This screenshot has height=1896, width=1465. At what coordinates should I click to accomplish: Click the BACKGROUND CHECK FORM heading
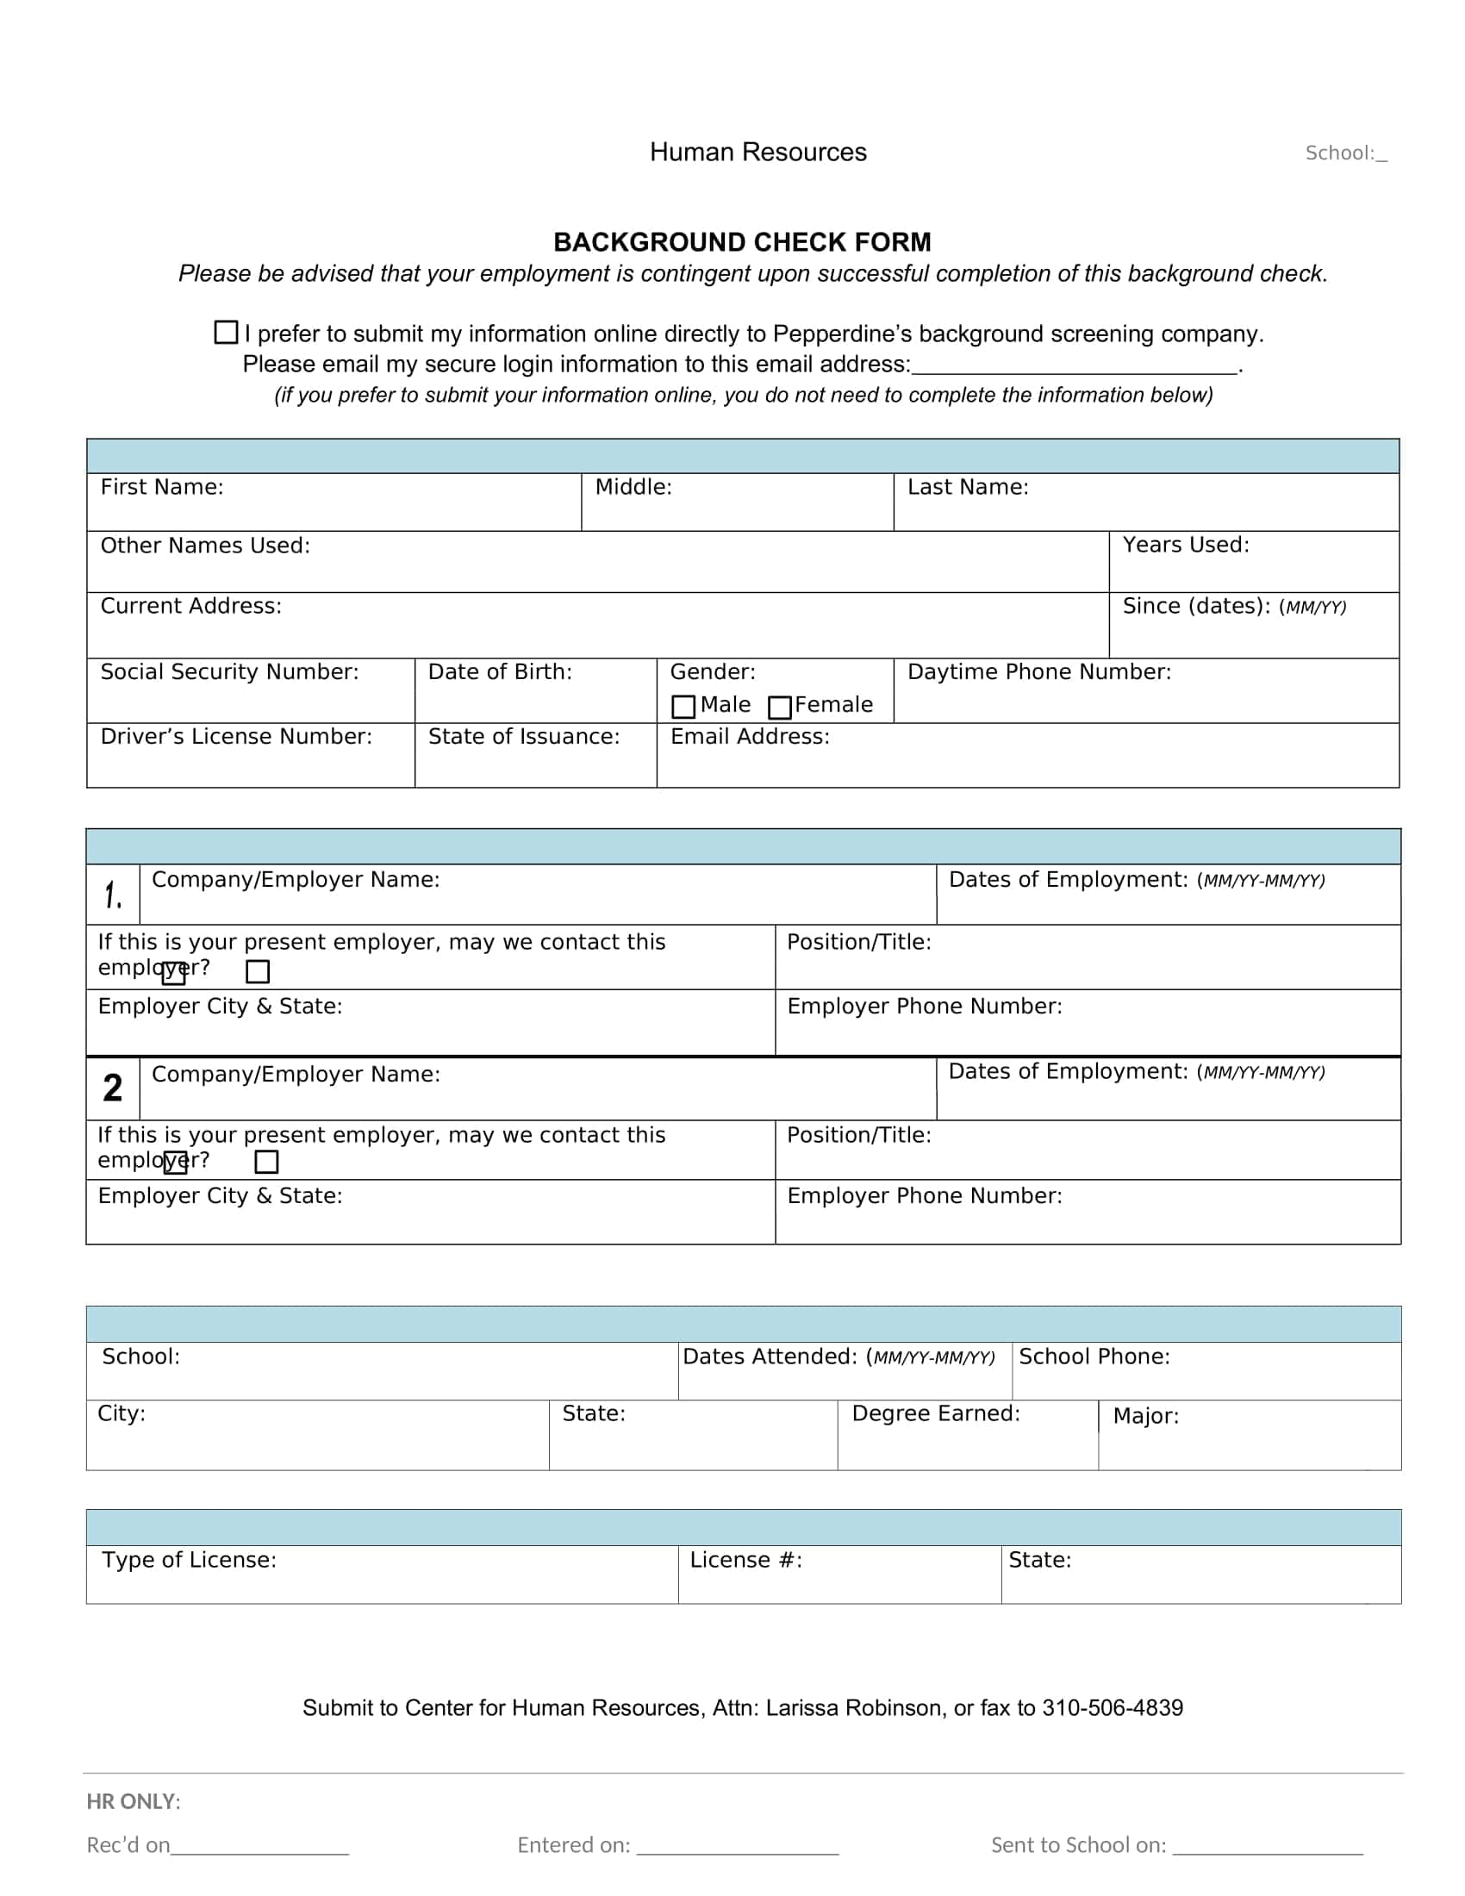point(742,242)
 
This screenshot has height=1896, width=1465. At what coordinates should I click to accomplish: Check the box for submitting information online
point(226,333)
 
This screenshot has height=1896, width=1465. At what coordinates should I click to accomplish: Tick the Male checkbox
point(684,707)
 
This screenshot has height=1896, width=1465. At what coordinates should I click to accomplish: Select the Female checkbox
point(780,708)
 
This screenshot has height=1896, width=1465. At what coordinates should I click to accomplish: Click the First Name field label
point(161,487)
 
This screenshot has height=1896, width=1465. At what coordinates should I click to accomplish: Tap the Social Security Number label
point(229,672)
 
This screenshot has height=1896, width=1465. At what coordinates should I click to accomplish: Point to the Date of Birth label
point(500,672)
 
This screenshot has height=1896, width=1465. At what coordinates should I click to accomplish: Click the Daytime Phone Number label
point(1039,672)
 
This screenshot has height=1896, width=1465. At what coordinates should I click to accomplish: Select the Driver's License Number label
point(236,736)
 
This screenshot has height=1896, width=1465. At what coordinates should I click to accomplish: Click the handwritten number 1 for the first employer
point(113,895)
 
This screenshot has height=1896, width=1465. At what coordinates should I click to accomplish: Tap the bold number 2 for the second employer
point(113,1088)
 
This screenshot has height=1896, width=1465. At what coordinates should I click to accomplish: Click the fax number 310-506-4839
point(1112,1707)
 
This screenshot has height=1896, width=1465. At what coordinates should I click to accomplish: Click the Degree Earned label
point(936,1413)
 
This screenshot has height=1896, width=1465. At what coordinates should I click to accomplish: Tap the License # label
point(745,1560)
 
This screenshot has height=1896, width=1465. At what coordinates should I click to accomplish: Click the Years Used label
point(1186,545)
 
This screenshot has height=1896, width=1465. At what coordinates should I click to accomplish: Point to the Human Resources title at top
point(757,152)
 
